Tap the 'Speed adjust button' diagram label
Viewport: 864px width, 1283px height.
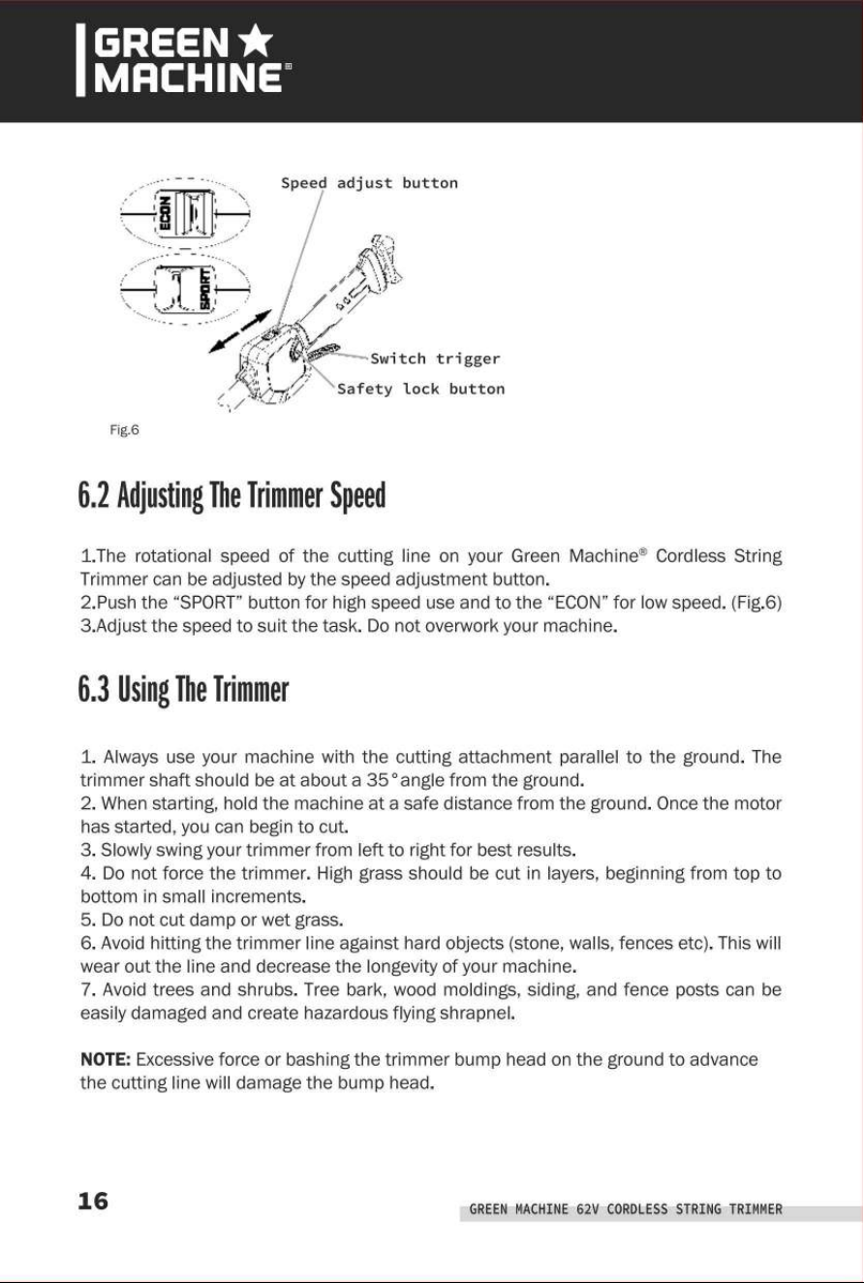pos(369,183)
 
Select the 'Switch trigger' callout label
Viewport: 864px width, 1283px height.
pos(435,360)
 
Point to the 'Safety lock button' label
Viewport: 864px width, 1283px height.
pos(420,389)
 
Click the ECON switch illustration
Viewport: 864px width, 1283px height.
pos(185,213)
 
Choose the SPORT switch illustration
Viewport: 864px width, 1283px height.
pos(185,289)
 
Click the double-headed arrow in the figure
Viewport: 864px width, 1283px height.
pos(240,331)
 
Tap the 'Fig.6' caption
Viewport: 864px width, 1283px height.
pos(124,429)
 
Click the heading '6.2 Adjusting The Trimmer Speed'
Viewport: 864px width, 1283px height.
pos(231,495)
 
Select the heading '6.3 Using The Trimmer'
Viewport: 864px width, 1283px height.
pos(183,689)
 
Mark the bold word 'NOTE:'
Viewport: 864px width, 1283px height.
pos(106,1059)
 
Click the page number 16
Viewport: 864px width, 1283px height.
pos(93,1201)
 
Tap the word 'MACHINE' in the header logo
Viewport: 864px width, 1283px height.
pos(188,78)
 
